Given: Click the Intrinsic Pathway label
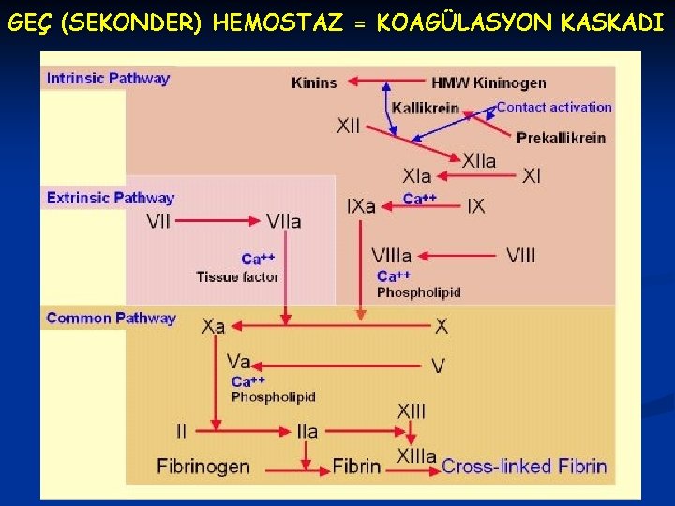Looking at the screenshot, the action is pyautogui.click(x=108, y=78).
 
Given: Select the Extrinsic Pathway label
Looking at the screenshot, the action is pyautogui.click(x=110, y=198).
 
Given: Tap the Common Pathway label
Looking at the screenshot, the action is pyautogui.click(x=111, y=318).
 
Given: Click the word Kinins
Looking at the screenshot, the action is pyautogui.click(x=314, y=82).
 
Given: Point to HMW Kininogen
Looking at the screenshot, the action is pyautogui.click(x=488, y=82).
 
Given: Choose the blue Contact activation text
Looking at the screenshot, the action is pyautogui.click(x=553, y=107).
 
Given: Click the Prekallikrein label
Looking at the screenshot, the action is pyautogui.click(x=561, y=138).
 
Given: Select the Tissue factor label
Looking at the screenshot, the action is pyautogui.click(x=237, y=276).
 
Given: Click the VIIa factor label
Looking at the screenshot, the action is pyautogui.click(x=283, y=222).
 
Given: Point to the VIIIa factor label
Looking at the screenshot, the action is pyautogui.click(x=391, y=255).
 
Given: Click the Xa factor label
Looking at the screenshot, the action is pyautogui.click(x=214, y=326).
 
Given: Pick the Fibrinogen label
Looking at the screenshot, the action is pyautogui.click(x=202, y=466).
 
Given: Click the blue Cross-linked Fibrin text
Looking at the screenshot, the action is pyautogui.click(x=524, y=466).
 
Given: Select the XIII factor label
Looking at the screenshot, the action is pyautogui.click(x=411, y=410).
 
